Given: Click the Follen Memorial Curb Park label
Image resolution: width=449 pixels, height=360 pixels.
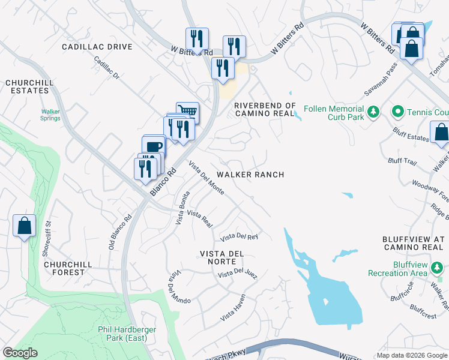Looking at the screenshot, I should click(x=334, y=113).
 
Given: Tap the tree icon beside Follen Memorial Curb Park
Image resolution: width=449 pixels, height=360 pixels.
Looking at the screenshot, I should click(x=373, y=112).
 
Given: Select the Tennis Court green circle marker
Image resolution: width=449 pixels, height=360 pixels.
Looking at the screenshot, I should click(x=397, y=112).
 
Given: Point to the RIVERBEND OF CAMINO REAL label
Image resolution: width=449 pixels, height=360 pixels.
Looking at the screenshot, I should click(x=265, y=109).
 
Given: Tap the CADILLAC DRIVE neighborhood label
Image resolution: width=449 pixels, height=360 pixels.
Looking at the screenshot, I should click(x=97, y=47).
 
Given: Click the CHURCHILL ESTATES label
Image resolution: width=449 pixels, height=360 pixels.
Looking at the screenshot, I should click(x=26, y=86).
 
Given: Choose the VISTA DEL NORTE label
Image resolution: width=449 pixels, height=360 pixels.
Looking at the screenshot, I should click(x=221, y=257).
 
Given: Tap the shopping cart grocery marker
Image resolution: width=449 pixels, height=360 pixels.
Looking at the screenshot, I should click(x=188, y=112).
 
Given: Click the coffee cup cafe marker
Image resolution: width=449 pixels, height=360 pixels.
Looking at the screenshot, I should click(x=154, y=146).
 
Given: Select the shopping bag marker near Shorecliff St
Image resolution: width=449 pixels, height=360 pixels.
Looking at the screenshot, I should click(x=24, y=226).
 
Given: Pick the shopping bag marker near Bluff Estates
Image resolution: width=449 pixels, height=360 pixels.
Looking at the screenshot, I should click(x=441, y=132).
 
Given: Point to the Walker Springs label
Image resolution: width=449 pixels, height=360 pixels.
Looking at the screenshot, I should click(x=50, y=115).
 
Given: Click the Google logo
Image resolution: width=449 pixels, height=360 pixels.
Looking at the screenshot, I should click(x=20, y=353).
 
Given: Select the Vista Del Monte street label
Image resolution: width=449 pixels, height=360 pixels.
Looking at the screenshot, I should click(x=206, y=178).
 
